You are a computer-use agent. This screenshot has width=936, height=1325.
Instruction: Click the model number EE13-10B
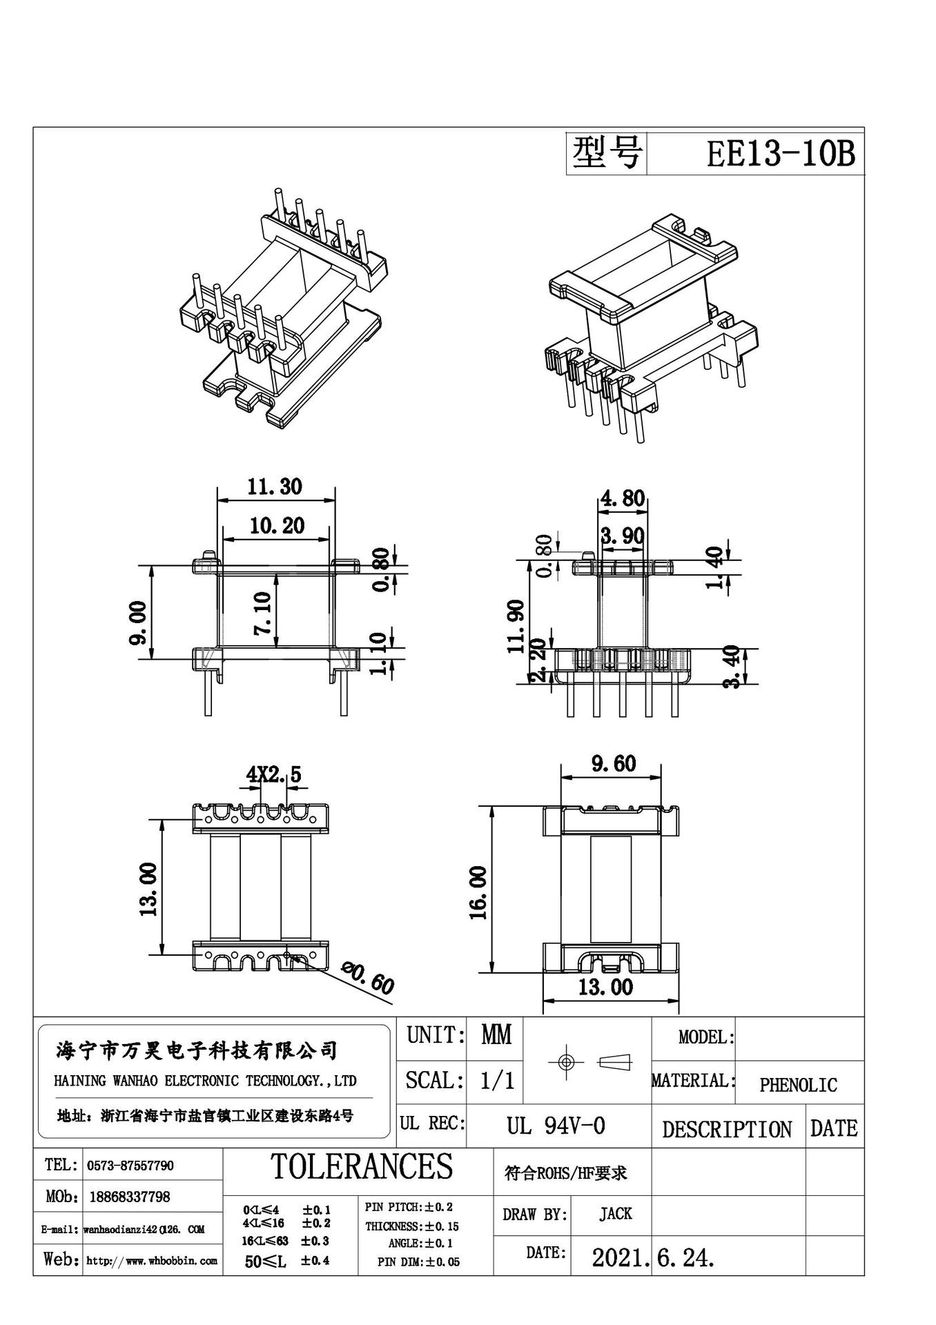point(780,154)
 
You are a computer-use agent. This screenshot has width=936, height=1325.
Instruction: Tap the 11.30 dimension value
point(275,487)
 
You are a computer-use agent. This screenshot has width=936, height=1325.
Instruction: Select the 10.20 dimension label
point(277,526)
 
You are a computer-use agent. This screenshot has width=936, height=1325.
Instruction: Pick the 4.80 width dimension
point(623,498)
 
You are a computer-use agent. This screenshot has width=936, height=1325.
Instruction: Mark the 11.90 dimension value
point(516,625)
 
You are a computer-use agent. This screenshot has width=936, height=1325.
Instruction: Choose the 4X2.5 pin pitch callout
point(274,775)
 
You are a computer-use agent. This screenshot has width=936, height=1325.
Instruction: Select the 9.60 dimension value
point(613,764)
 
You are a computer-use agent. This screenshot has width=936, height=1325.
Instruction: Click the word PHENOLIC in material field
point(798,1086)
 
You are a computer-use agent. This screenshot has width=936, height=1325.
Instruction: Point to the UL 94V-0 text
point(556,1126)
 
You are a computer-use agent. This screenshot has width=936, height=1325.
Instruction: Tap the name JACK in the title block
point(615,1213)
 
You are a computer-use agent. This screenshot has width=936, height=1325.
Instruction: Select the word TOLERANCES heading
point(362,1166)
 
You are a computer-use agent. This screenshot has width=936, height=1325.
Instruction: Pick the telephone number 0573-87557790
point(130,1166)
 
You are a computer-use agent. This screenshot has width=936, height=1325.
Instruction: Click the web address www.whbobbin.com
point(152,1261)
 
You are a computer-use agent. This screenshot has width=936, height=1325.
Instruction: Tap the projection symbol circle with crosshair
point(565,1061)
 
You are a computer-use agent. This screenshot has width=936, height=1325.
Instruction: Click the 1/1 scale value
point(497,1080)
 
